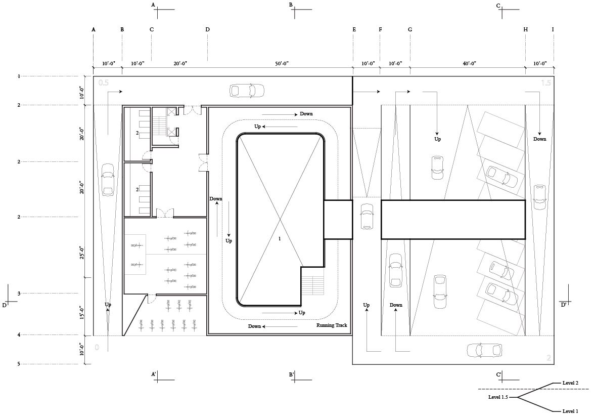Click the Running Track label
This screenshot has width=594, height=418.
(332, 325)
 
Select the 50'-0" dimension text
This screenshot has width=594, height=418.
(282, 64)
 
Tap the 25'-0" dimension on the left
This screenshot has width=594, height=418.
(82, 253)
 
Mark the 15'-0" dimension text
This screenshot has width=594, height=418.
(82, 313)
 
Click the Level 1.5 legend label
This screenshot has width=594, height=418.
(498, 397)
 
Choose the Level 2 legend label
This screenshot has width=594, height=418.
(570, 383)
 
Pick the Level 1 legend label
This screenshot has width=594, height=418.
(570, 411)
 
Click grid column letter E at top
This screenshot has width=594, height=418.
(354, 29)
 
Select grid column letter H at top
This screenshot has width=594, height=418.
(525, 29)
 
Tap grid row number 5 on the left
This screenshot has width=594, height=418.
(19, 364)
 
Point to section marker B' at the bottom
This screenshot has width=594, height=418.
(291, 375)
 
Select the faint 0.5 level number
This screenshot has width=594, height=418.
(104, 82)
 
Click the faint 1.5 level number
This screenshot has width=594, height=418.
(546, 82)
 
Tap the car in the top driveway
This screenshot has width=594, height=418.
(247, 91)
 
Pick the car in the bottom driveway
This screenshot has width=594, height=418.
(484, 351)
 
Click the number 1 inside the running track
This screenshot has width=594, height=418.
(280, 238)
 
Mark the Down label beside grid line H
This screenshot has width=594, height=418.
(540, 139)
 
